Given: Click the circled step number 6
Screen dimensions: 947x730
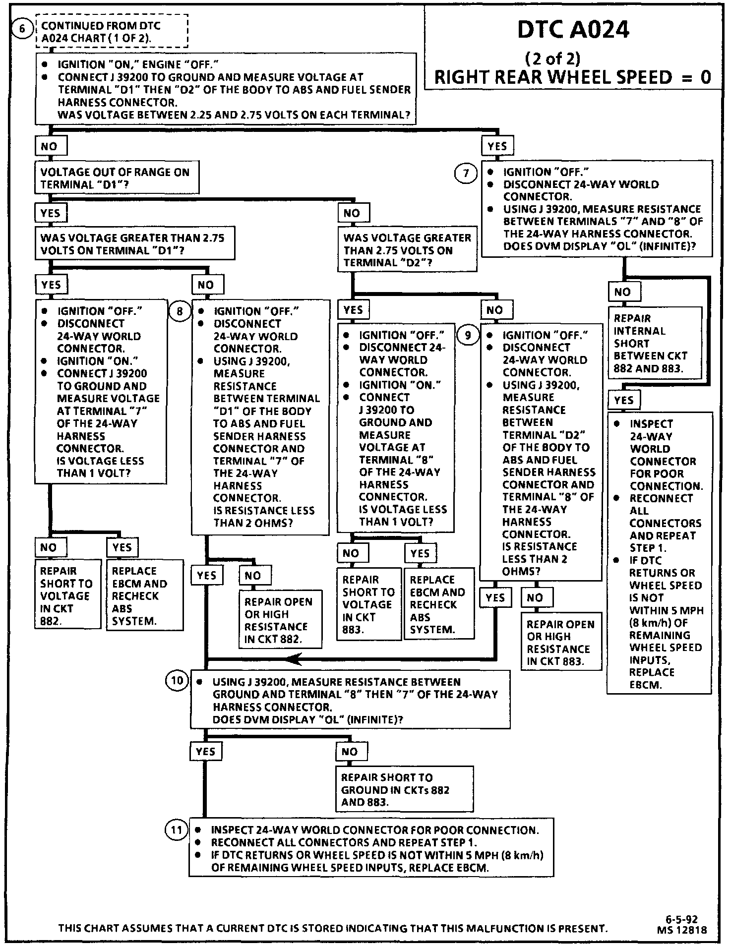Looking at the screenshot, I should tap(22, 29).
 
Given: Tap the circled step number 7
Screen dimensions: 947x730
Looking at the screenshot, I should tap(466, 173).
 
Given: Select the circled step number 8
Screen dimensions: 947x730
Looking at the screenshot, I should tap(180, 311).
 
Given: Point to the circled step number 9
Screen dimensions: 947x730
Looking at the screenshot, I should tap(468, 335).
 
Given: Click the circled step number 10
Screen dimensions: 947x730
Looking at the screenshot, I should tap(177, 681).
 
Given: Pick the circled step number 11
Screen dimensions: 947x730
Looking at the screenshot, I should tap(177, 829).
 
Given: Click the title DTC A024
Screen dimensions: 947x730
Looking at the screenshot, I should tap(573, 30).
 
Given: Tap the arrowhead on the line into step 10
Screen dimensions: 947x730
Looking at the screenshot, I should tap(294, 659).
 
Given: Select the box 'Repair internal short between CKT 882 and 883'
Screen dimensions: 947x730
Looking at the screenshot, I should tap(655, 343).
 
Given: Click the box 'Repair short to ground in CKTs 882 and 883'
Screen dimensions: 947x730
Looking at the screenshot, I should tap(404, 790).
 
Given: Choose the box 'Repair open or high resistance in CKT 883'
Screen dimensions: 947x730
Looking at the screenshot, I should tap(561, 643).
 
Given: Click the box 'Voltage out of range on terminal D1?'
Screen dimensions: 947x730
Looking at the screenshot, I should tap(117, 178).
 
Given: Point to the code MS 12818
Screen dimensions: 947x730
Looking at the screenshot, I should tap(682, 930).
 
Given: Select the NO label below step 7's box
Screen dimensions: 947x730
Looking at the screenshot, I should tap(624, 292).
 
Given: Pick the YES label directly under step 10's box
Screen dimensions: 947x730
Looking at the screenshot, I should tap(205, 752).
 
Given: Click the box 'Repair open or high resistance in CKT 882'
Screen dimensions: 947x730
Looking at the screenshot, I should tap(280, 620).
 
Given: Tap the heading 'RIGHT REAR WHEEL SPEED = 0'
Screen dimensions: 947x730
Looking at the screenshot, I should tap(572, 77).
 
